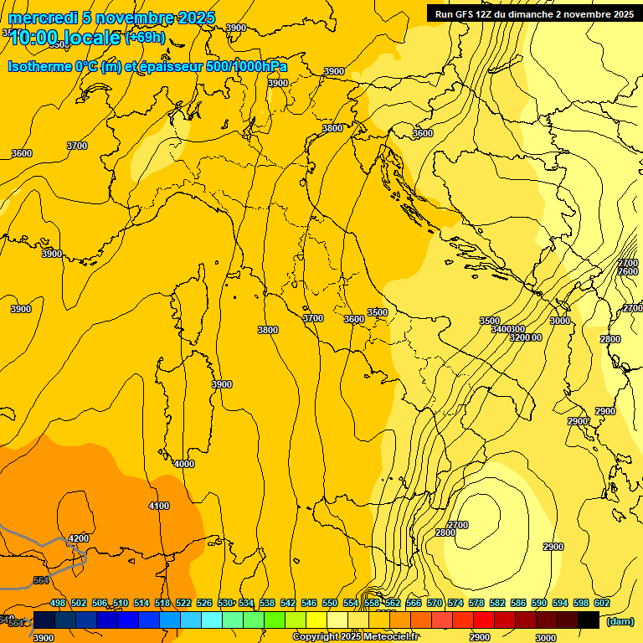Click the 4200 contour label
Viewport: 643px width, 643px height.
[79, 538]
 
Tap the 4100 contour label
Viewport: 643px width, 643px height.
[158, 506]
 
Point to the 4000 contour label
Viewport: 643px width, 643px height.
[183, 464]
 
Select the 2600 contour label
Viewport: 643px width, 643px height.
[628, 271]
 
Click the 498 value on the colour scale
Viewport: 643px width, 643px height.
[58, 603]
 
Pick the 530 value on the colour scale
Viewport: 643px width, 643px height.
[225, 603]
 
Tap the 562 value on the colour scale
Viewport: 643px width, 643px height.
[393, 603]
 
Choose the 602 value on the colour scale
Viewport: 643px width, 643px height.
[601, 603]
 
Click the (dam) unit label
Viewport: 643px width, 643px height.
[620, 621]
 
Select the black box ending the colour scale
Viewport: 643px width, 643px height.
[589, 620]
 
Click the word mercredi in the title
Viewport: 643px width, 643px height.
[42, 18]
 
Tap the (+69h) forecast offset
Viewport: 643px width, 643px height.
[145, 38]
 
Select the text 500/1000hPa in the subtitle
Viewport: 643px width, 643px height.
[247, 67]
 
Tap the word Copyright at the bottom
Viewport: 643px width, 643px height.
[318, 637]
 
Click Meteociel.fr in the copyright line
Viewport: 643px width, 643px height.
[391, 637]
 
